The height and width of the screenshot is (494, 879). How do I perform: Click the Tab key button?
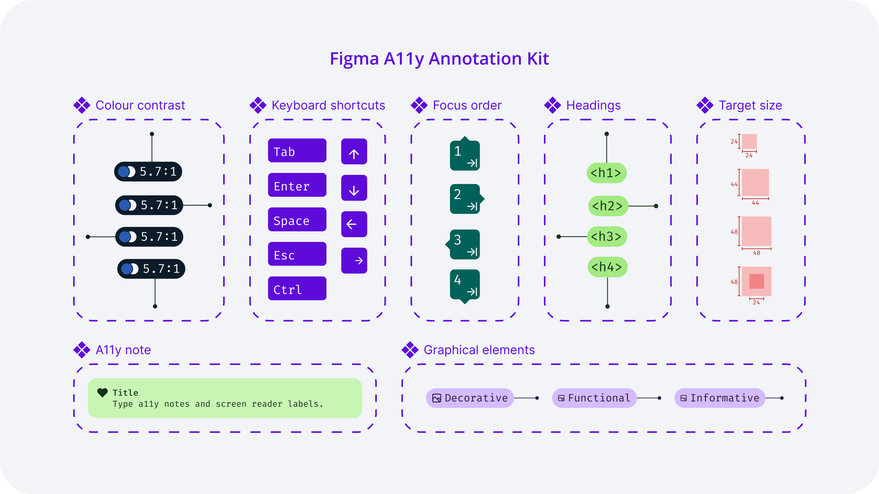point(297,150)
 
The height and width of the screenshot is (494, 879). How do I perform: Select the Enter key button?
point(297,185)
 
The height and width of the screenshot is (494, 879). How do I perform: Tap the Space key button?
point(297,219)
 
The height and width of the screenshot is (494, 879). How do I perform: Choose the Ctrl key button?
point(297,288)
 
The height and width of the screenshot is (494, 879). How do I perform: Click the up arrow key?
point(354,151)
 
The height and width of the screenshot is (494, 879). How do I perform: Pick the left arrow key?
point(354,224)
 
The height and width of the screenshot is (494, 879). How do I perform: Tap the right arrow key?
point(354,261)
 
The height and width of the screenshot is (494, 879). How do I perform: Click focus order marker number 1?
point(465,154)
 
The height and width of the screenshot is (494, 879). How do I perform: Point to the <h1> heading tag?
point(607,173)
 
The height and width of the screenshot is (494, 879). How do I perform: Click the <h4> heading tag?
point(607,267)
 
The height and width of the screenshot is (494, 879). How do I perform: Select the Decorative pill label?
point(470,398)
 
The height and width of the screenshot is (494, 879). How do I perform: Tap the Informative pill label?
point(720,398)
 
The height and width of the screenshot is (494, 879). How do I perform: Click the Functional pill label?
point(595,398)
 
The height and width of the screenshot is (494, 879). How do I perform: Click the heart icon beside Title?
point(102,393)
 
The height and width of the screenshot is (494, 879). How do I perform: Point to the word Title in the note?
point(126,393)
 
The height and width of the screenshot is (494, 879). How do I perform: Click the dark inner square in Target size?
point(757,281)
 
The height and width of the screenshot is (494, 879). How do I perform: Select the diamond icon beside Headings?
point(553,105)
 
